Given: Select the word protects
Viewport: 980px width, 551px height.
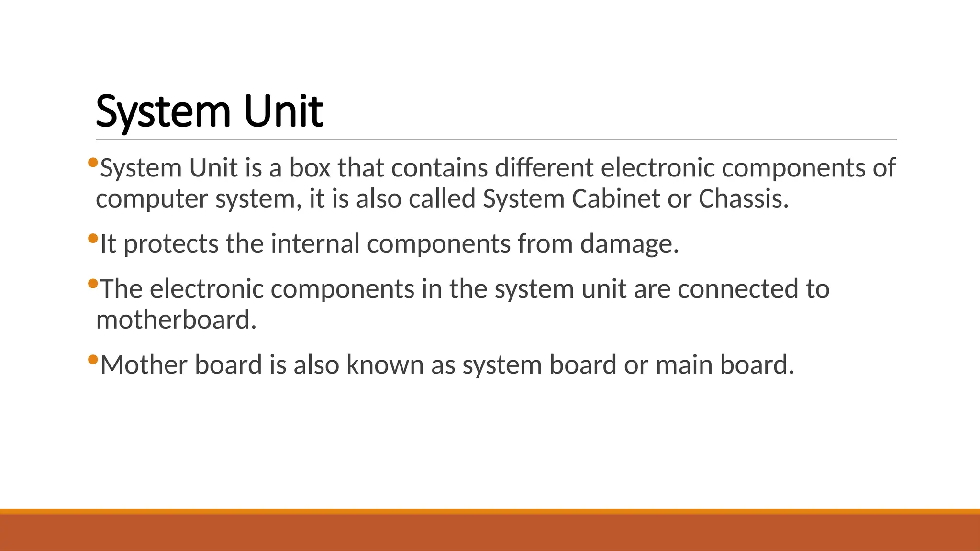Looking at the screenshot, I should [x=171, y=244].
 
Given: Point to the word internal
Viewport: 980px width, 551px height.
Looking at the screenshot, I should [x=315, y=243].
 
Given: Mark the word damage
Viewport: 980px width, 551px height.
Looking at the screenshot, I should [x=629, y=244].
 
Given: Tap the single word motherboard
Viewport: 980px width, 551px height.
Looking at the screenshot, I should [x=176, y=320].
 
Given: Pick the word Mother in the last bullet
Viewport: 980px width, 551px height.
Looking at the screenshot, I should [x=144, y=364].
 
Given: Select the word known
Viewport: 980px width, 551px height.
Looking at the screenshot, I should [x=385, y=364].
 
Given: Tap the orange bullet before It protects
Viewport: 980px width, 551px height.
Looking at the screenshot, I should [x=93, y=238].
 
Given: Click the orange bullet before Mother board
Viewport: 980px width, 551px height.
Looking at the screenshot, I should [x=93, y=359].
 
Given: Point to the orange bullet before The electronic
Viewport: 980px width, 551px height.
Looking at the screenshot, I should [x=93, y=283].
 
